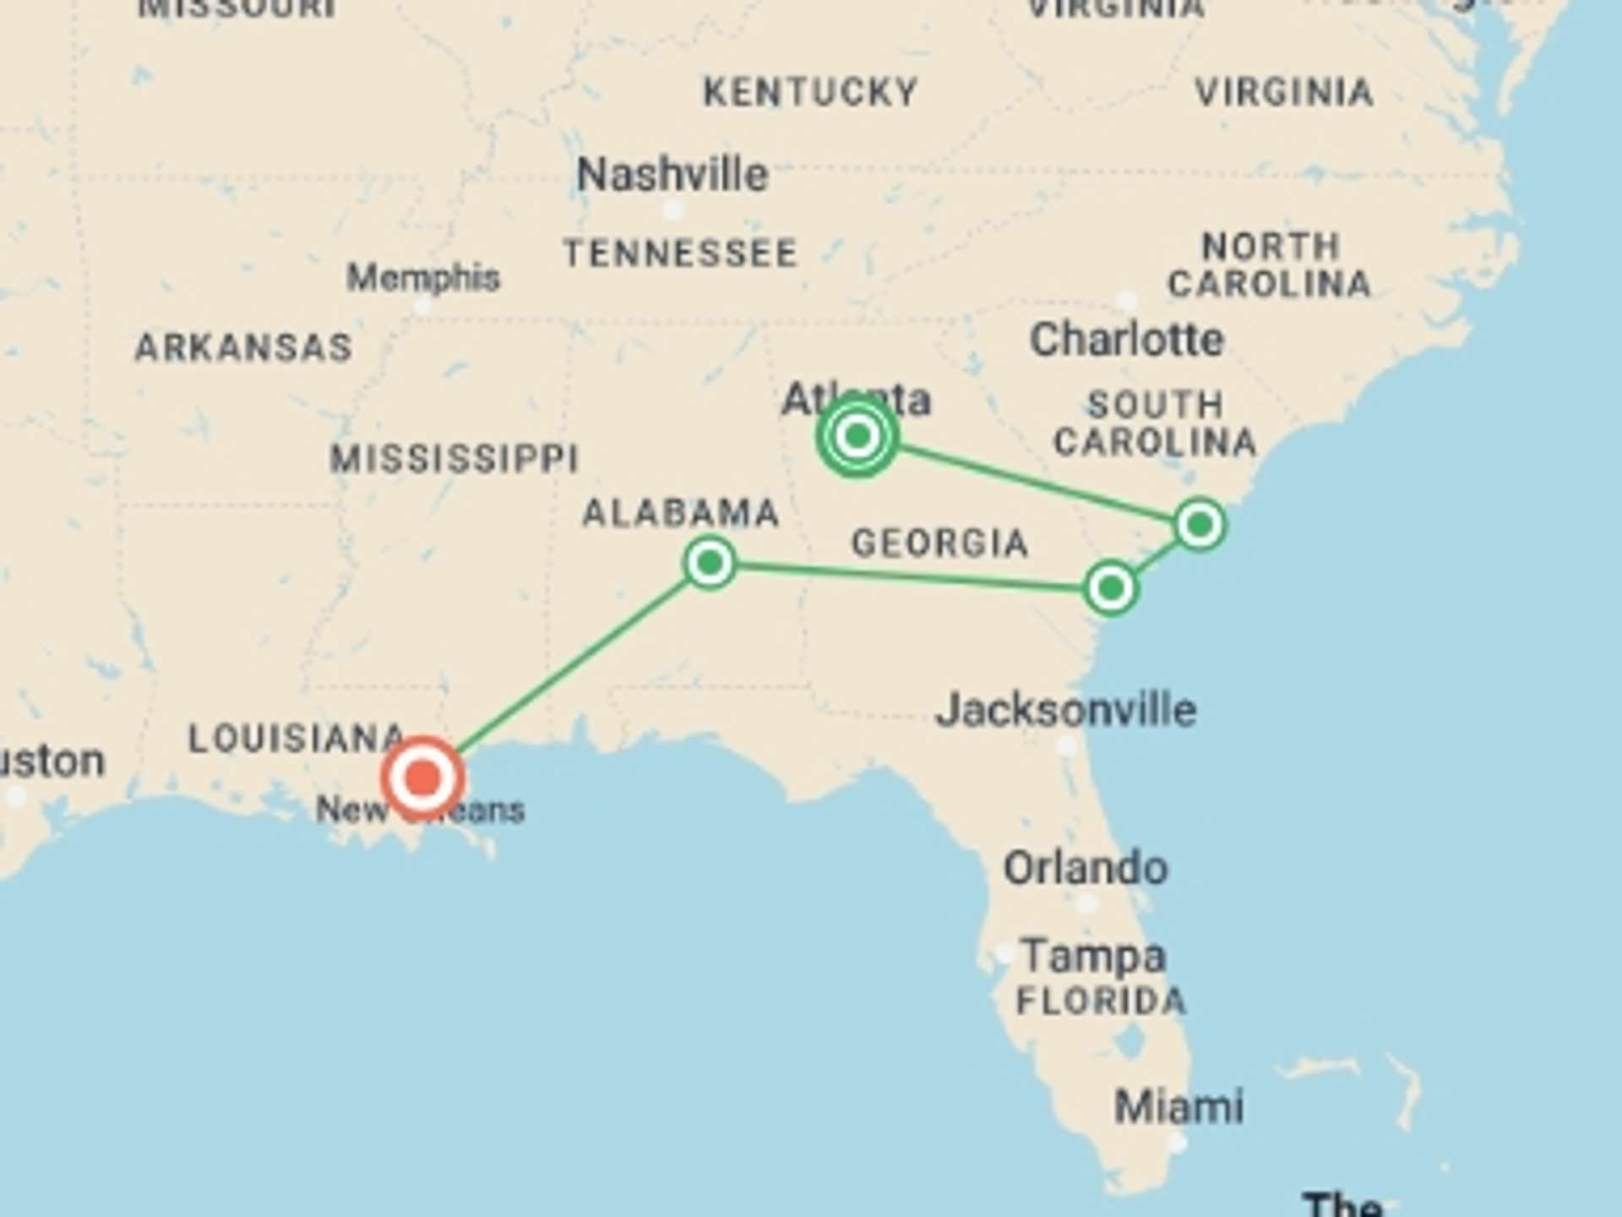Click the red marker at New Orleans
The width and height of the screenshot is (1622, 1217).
click(x=422, y=777)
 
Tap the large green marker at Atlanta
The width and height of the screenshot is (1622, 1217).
click(x=857, y=436)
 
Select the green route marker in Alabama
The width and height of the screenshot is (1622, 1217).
click(x=710, y=562)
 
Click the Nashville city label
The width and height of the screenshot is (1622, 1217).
click(x=672, y=175)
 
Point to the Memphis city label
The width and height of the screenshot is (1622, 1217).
click(x=423, y=277)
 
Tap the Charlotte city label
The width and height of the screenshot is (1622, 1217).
click(x=1127, y=340)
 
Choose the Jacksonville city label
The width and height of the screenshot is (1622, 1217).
click(x=1066, y=710)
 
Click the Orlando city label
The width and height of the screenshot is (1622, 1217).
click(x=1086, y=868)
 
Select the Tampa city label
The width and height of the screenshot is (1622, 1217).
click(x=1093, y=957)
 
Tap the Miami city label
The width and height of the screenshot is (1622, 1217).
click(x=1178, y=1106)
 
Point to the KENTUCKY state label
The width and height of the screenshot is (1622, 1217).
click(x=811, y=92)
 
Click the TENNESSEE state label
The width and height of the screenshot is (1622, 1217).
click(x=681, y=254)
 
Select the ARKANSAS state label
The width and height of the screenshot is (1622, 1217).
click(x=244, y=347)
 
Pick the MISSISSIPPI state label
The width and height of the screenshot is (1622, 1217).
click(x=454, y=459)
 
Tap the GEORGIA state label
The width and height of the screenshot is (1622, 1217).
click(x=939, y=543)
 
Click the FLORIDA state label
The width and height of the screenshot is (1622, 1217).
click(x=1101, y=1001)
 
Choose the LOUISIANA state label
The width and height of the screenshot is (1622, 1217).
click(x=296, y=739)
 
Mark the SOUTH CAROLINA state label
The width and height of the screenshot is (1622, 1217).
click(x=1155, y=423)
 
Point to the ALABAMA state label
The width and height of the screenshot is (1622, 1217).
click(x=681, y=513)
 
